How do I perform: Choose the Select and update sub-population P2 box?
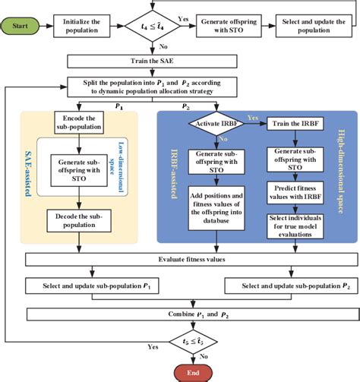(281, 286)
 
